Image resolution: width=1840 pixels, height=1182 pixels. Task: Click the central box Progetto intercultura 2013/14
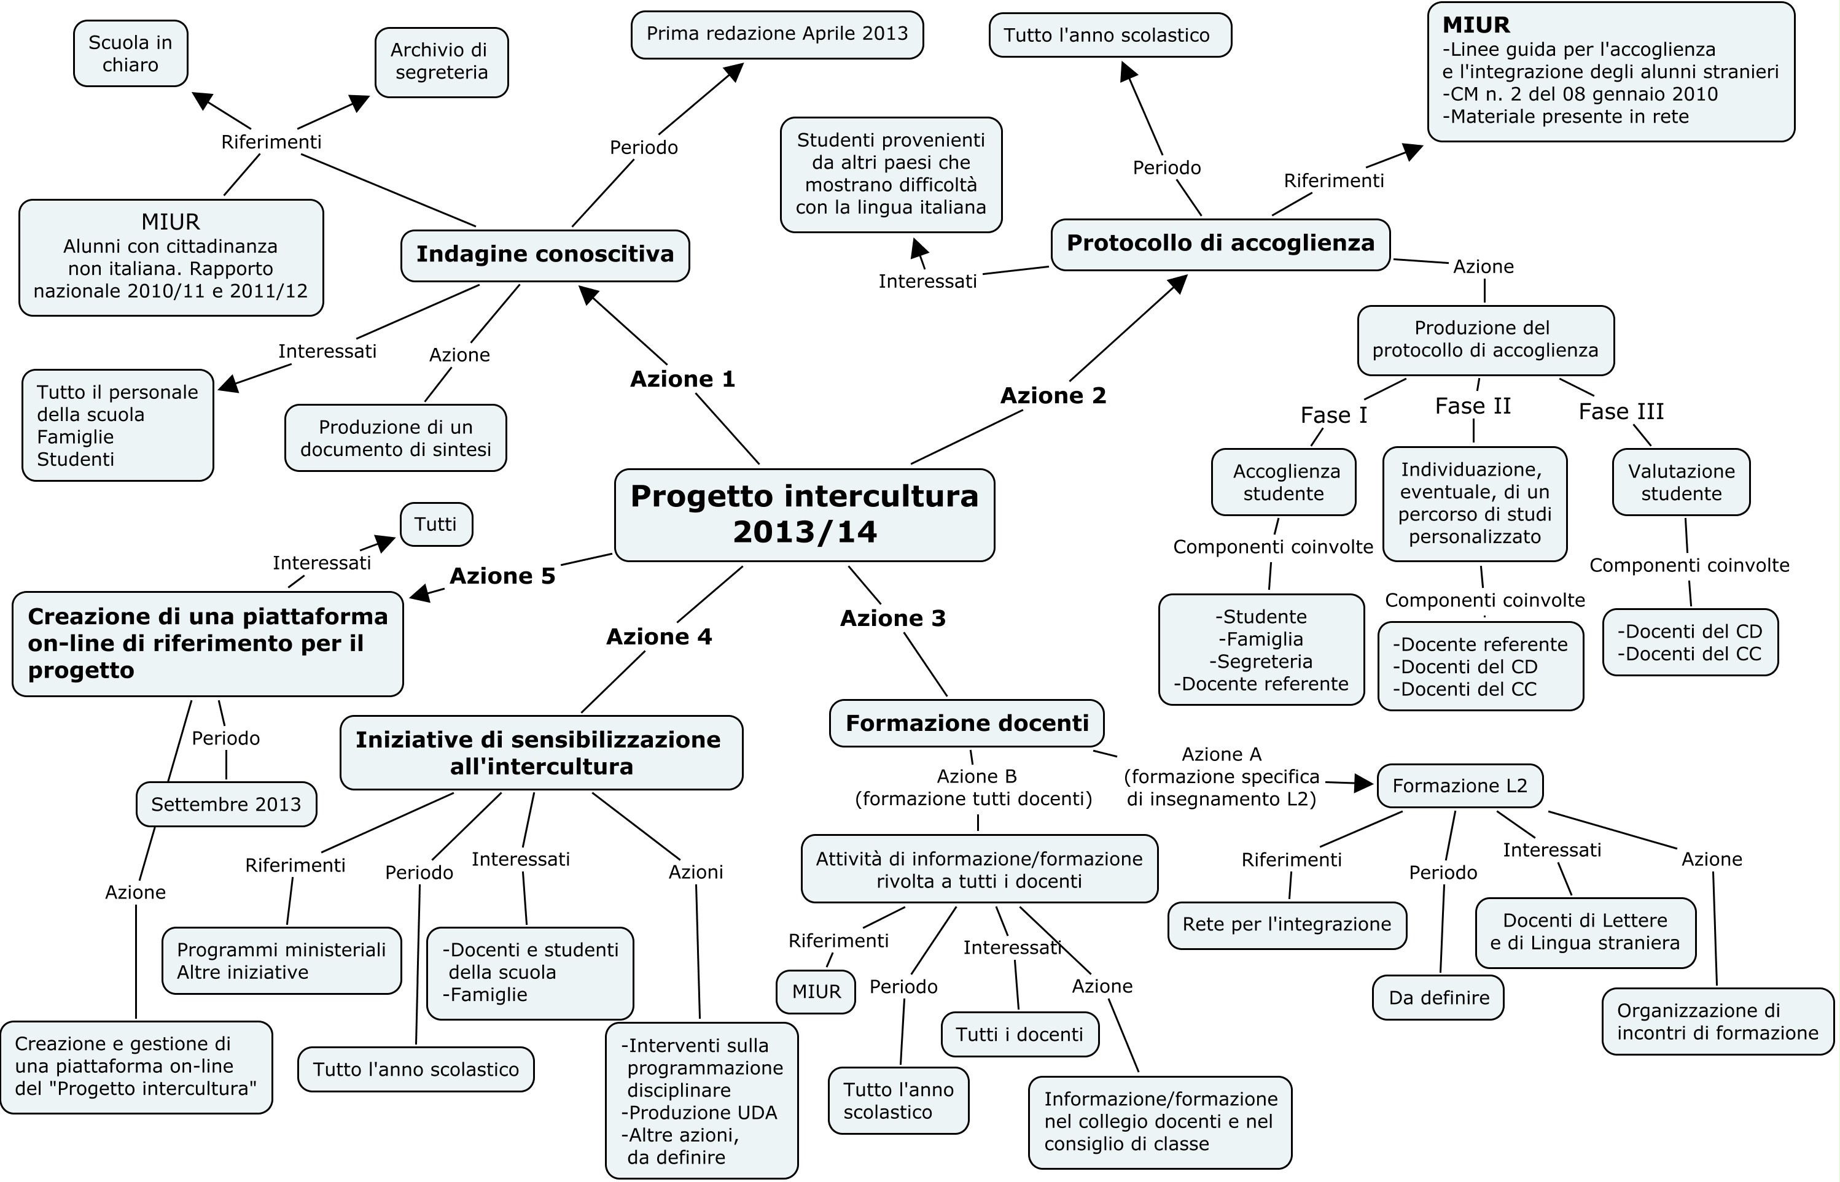pos(804,514)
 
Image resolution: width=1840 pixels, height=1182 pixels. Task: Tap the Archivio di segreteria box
pos(441,61)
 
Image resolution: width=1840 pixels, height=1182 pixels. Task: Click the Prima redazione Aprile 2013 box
pos(776,34)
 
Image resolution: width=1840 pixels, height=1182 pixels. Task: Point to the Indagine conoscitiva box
pos(545,255)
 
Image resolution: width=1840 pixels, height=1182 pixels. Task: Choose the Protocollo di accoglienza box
pos(1220,244)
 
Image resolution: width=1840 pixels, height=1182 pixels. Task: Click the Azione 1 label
pos(682,379)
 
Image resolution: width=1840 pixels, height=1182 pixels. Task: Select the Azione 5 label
pos(502,576)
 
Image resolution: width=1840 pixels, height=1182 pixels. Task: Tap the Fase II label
pos(1472,406)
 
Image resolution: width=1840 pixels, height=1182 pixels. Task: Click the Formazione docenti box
pos(966,723)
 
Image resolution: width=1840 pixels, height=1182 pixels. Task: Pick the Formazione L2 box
pos(1459,786)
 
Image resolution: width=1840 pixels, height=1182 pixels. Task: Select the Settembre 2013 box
pos(226,805)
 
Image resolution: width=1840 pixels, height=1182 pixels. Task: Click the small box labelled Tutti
pos(435,525)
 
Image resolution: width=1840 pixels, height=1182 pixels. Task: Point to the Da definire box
pos(1438,998)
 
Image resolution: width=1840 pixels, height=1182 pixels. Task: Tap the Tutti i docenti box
pos(1019,1035)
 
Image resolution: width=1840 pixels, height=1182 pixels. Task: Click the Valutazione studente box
pos(1680,483)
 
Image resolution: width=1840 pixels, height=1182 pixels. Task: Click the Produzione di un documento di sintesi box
pos(395,438)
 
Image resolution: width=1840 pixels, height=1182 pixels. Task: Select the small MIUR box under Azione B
pos(816,992)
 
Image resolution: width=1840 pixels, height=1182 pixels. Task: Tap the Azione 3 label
pos(892,619)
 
